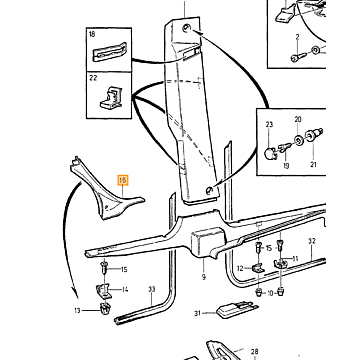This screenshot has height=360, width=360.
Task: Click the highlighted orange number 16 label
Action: (123, 180)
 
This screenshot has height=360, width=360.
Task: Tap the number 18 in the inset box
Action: (92, 34)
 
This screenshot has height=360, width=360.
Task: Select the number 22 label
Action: (93, 78)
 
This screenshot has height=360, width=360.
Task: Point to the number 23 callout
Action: (269, 124)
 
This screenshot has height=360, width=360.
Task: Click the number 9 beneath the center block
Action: (204, 277)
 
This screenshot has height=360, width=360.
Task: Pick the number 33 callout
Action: (152, 289)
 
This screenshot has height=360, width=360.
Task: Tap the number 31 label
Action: (197, 313)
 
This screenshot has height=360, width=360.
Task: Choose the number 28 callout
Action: (254, 351)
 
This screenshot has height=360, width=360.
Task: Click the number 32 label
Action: (312, 241)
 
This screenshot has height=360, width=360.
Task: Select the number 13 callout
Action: (77, 311)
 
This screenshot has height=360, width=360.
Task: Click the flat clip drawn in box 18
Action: (110, 52)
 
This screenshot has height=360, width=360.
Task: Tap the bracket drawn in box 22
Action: (111, 98)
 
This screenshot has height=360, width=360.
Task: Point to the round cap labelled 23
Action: (269, 154)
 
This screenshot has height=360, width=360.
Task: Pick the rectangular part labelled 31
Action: (236, 310)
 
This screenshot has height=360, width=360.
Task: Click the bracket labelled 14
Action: (104, 291)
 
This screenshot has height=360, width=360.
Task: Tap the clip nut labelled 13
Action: (105, 309)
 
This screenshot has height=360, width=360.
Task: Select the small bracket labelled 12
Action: (258, 267)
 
